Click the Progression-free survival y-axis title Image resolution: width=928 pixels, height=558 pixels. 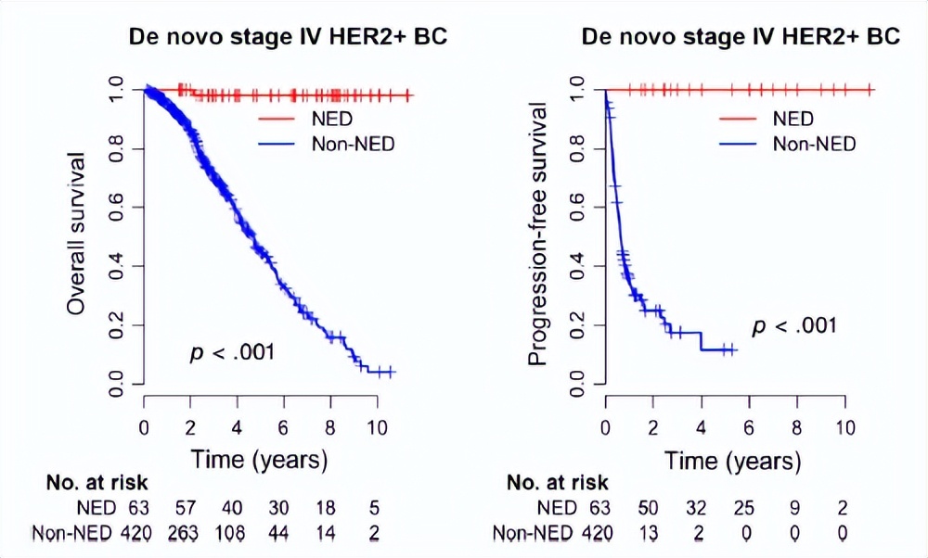tap(538, 235)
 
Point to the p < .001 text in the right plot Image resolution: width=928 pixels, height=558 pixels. tap(794, 325)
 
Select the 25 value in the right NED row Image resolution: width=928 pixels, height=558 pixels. tap(747, 508)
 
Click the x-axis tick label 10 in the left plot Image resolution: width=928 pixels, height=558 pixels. tap(377, 427)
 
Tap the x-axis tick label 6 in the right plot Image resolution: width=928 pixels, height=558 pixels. tap(748, 427)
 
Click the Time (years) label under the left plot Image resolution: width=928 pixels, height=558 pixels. tap(259, 458)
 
